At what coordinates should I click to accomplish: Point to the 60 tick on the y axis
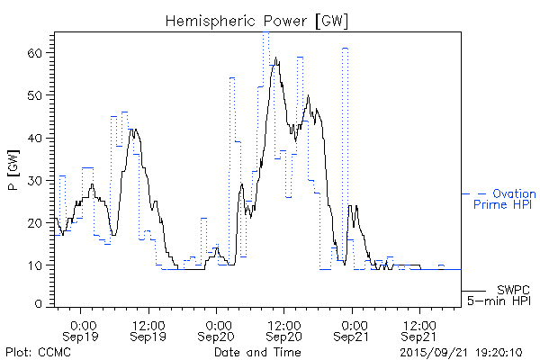(35, 53)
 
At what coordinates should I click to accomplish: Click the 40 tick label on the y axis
(35, 138)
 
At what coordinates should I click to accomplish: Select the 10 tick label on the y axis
(35, 265)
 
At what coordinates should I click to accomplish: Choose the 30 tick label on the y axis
(35, 180)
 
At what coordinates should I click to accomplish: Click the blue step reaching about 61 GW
(345, 49)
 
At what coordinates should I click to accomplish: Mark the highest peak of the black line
(277, 58)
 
